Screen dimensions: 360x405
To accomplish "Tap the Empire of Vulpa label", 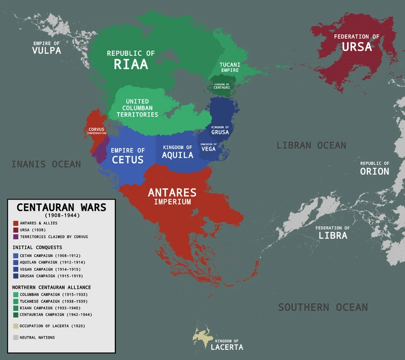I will (46, 48).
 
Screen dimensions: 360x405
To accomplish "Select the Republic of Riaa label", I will (131, 60).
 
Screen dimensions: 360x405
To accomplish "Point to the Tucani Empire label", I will (230, 67).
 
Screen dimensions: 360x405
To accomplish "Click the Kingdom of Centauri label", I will (222, 86).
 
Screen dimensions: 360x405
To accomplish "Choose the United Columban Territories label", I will (137, 108).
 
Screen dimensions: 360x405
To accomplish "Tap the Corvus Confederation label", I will (97, 130).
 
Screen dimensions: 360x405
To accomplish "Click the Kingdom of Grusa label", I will (220, 130).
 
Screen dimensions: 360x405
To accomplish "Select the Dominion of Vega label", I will (209, 147).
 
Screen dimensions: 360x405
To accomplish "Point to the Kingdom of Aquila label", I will (178, 152).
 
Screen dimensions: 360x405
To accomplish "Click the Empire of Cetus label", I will (128, 156).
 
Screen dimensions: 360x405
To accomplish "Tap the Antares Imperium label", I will (172, 196).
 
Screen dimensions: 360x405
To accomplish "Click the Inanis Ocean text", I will (46, 164).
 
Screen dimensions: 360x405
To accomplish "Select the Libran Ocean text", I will (311, 145).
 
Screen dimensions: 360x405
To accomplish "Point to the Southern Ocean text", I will (323, 307).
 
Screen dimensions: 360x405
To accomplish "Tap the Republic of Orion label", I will (374, 168).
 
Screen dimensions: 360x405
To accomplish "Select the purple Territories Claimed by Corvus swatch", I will (16, 237).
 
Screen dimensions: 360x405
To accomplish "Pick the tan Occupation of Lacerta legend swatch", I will (16, 326).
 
